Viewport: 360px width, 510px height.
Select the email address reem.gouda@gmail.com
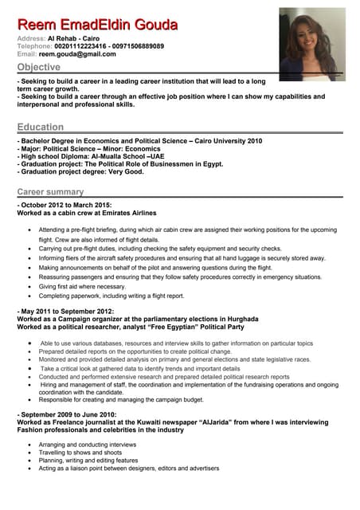77,54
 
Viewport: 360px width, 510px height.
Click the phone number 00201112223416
81,46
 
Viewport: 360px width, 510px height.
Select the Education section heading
41,127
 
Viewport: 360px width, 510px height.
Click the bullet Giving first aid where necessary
82,286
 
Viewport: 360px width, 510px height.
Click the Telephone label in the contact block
34,46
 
